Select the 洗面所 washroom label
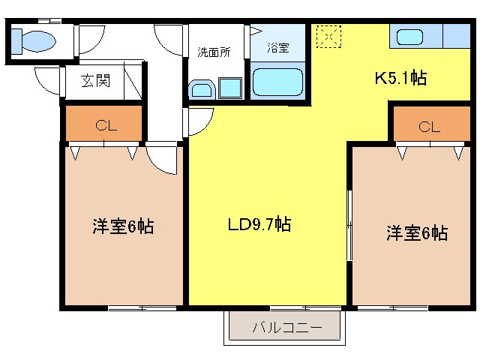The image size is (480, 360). pyautogui.click(x=214, y=52)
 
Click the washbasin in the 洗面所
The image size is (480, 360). pyautogui.click(x=202, y=91)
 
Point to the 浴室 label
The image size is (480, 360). pyautogui.click(x=278, y=48)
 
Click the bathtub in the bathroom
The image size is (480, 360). pyautogui.click(x=277, y=82)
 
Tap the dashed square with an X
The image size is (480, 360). pyautogui.click(x=328, y=35)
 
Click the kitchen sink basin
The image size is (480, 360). pyautogui.click(x=410, y=36)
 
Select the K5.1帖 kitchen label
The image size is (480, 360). pyautogui.click(x=401, y=77)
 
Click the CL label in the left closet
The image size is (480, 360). pyautogui.click(x=104, y=126)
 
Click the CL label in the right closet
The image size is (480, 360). pyautogui.click(x=429, y=127)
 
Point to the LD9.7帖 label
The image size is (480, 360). pyautogui.click(x=259, y=223)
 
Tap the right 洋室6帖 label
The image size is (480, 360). pyautogui.click(x=417, y=232)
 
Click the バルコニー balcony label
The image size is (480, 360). pyautogui.click(x=286, y=328)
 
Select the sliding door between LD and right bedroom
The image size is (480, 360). pyautogui.click(x=349, y=225)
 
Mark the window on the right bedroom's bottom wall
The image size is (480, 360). pyautogui.click(x=392, y=308)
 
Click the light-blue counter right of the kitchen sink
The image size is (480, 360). pyautogui.click(x=456, y=36)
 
